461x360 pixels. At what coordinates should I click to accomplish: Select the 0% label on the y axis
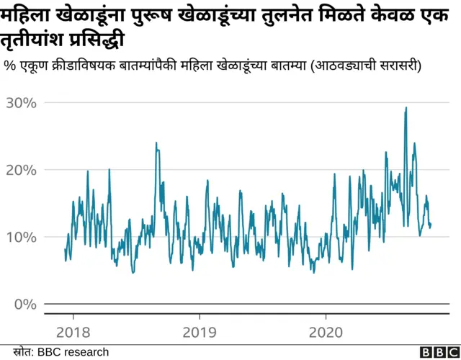tap(24, 304)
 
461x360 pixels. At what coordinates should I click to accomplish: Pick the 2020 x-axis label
tap(326, 334)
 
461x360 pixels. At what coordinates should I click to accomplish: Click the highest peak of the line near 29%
tap(406, 108)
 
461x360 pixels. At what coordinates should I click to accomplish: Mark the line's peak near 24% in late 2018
tap(156, 143)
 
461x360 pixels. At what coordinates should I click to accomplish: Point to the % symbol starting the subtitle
tap(10, 66)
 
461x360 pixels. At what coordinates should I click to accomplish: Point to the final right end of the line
tap(431, 225)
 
